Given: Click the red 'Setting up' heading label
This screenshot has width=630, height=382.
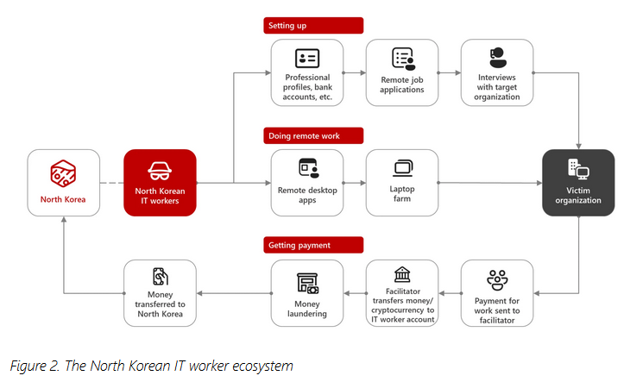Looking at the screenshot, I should [x=312, y=26].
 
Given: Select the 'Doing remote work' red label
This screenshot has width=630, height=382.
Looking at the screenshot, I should [x=312, y=135].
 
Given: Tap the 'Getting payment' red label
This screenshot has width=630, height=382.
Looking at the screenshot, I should [x=312, y=246].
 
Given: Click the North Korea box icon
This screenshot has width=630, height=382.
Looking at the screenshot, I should [x=64, y=172].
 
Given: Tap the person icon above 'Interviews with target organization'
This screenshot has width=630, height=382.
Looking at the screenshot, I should [x=497, y=57].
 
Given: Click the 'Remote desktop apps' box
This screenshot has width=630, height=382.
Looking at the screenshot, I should [x=306, y=182].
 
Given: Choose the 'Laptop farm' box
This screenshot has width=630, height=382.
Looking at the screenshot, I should [x=402, y=182].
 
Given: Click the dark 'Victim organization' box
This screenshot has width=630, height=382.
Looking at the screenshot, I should [x=578, y=182].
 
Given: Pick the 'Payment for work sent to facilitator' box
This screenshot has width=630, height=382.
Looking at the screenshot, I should [x=497, y=292].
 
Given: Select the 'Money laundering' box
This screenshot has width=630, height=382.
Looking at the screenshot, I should [x=306, y=292].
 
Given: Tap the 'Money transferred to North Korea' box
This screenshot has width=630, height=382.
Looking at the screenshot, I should [x=160, y=292].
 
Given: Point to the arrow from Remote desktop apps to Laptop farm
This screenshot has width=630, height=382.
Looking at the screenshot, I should [x=354, y=183].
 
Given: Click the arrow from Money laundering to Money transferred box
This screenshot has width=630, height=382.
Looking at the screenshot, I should [x=233, y=293].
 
